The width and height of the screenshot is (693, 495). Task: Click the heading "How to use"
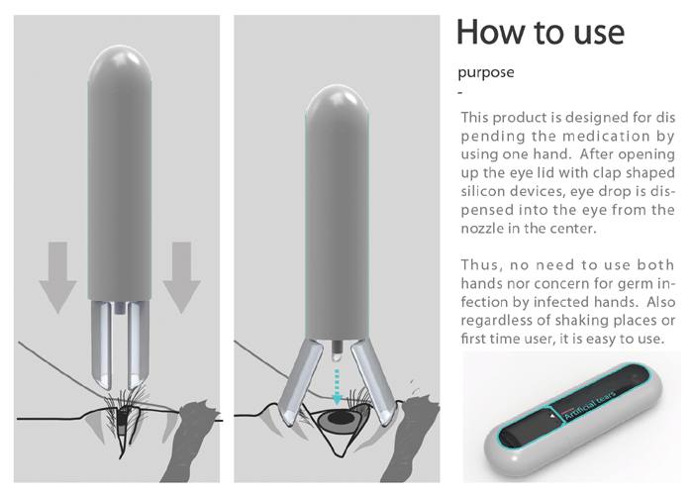tap(541, 32)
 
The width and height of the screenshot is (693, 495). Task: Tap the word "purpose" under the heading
tap(486, 72)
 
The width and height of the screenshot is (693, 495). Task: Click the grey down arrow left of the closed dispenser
tap(57, 277)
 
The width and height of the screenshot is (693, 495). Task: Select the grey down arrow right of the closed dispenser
tap(181, 277)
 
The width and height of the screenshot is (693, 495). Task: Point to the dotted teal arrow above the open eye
tap(337, 387)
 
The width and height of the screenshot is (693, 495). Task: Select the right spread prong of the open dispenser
tap(372, 384)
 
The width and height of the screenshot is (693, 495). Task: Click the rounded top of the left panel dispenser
tap(120, 61)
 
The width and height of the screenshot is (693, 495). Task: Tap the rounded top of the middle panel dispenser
tap(338, 101)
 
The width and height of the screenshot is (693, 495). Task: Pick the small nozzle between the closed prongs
tap(120, 308)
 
